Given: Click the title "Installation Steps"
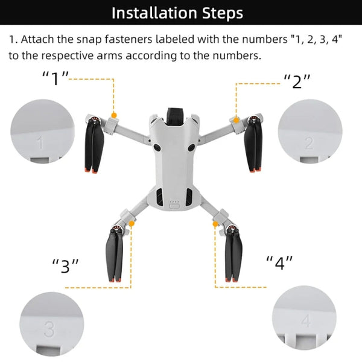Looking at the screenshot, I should (180, 12).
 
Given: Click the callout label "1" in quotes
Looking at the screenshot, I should (56, 78).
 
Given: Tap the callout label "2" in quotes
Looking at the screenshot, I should (297, 81).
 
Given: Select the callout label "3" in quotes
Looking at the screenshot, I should (65, 266).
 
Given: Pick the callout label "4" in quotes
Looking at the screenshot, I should (280, 262).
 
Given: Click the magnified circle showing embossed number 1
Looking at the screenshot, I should (42, 132).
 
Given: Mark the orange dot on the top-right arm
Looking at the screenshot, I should (237, 121).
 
